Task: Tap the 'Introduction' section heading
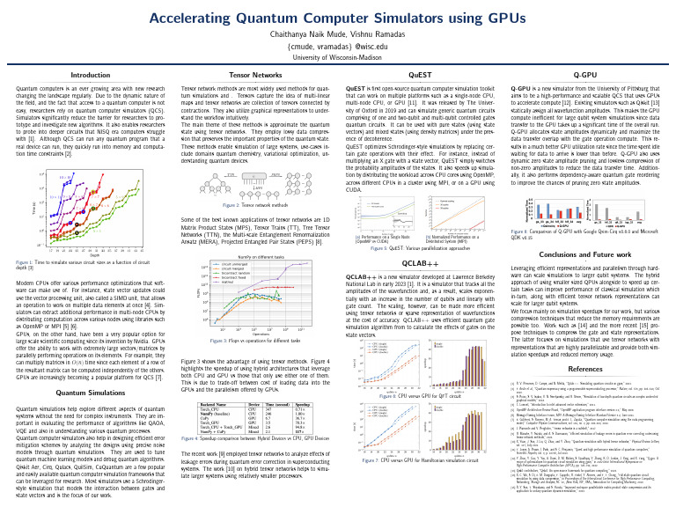click(x=90, y=76)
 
